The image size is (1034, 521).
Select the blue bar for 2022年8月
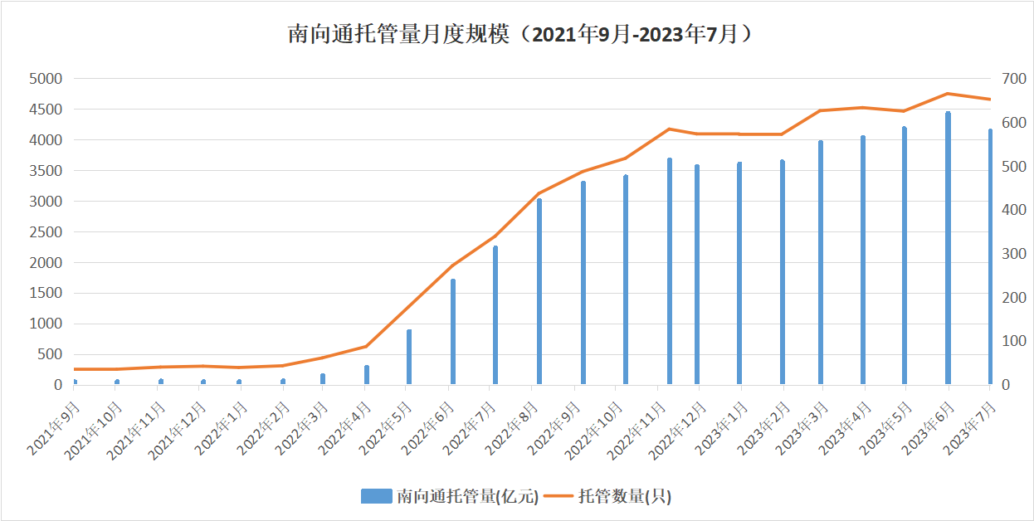point(539,291)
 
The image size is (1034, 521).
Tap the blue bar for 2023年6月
point(948,248)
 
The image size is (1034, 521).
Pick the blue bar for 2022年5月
point(409,357)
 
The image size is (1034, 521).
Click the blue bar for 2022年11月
point(669,271)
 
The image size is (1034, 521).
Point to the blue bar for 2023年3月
point(821,262)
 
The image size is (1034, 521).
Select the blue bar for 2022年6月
point(453,332)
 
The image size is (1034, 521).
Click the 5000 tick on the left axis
point(46,79)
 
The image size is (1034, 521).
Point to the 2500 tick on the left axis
point(46,232)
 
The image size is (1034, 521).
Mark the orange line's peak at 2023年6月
point(948,94)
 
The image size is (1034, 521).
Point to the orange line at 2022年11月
point(669,129)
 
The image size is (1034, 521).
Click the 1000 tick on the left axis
point(46,324)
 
